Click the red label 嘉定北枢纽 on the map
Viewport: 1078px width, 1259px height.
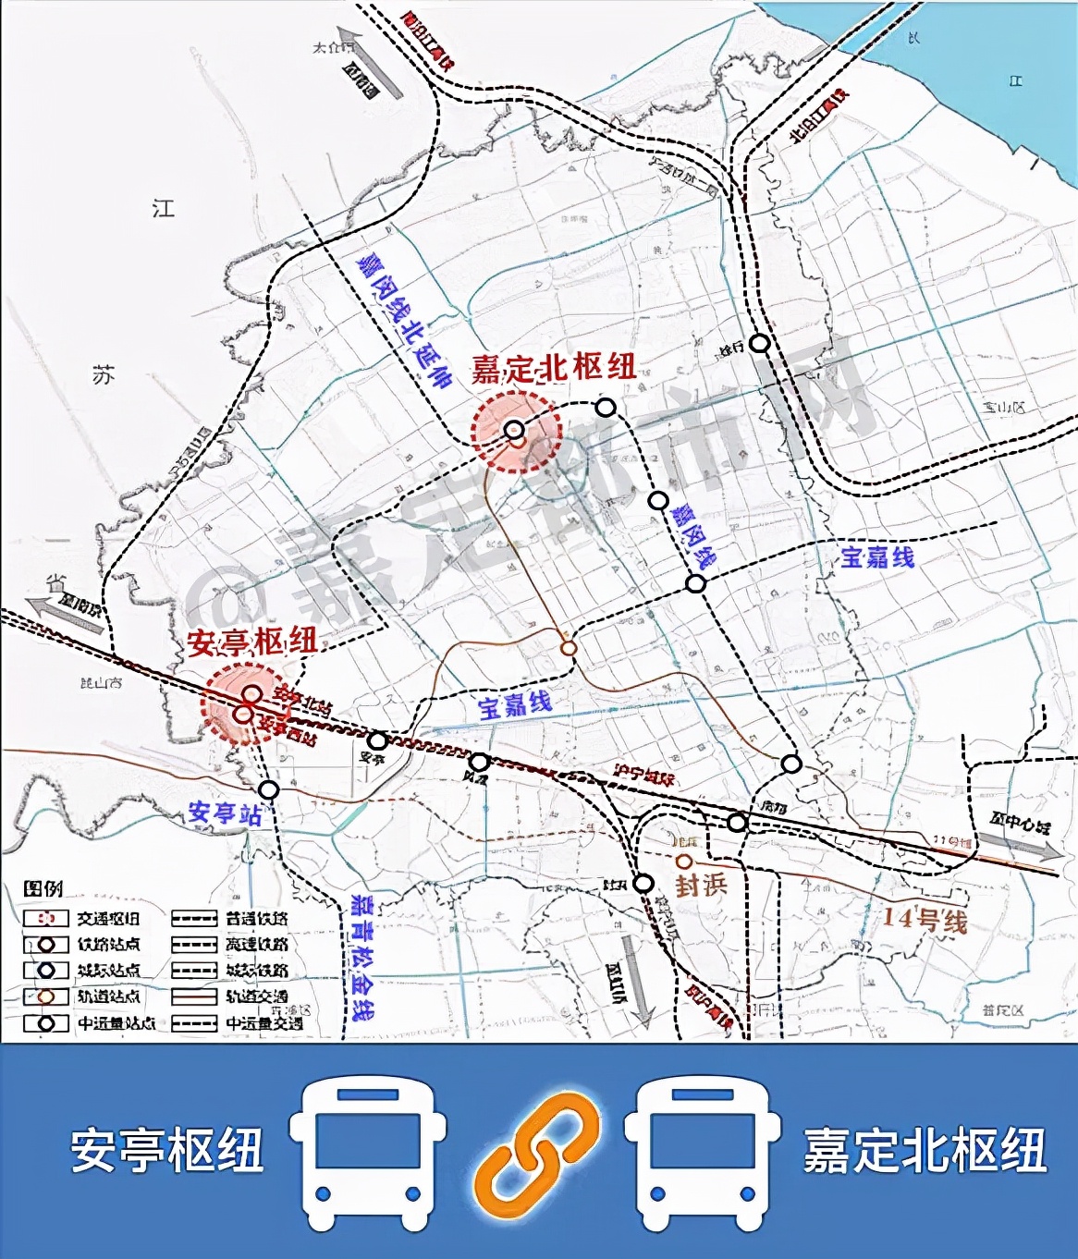click(553, 367)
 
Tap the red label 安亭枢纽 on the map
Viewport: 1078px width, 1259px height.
click(252, 641)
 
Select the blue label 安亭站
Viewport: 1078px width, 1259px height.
click(225, 813)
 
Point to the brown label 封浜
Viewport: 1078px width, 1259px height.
click(701, 885)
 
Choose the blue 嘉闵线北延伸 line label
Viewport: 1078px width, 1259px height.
click(404, 319)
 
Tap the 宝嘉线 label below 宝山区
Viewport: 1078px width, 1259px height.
click(876, 556)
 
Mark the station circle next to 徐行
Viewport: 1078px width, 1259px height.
click(759, 343)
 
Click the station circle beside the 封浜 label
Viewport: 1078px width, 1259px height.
click(685, 862)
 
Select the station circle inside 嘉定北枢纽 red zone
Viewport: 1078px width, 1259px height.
click(515, 430)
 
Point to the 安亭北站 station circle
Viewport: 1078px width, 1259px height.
click(251, 693)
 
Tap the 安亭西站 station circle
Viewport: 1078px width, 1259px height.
click(245, 714)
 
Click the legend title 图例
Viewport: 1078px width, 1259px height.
click(43, 888)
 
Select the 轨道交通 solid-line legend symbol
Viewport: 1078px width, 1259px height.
click(195, 996)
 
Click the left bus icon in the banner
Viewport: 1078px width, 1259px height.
click(369, 1150)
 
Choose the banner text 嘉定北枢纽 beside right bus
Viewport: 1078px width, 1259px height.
click(925, 1150)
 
